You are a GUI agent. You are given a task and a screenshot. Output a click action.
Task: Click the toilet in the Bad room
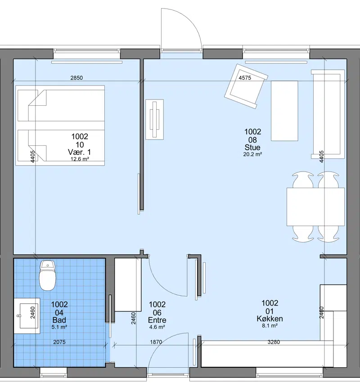click(47, 275)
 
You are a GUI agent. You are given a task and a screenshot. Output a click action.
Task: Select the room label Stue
click(252, 147)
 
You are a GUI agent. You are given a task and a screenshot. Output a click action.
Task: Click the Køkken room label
click(270, 319)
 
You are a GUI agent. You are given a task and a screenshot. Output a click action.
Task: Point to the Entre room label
click(157, 320)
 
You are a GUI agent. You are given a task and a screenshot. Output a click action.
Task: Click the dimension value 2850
click(76, 78)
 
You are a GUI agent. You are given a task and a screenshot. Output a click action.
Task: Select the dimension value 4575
click(245, 78)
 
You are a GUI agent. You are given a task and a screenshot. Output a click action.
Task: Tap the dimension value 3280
click(274, 342)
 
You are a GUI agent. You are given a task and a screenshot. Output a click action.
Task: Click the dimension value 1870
click(156, 342)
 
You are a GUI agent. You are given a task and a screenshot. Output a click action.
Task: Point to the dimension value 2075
click(59, 342)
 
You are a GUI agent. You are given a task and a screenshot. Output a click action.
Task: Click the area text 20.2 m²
click(252, 154)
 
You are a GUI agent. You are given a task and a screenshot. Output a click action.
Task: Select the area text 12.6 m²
click(80, 159)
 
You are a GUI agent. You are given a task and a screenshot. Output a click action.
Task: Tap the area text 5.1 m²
click(59, 327)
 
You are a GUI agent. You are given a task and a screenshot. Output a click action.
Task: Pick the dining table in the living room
click(315, 207)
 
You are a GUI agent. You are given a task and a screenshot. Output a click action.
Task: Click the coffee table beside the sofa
click(284, 111)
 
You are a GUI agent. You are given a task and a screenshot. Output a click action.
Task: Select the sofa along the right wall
click(328, 114)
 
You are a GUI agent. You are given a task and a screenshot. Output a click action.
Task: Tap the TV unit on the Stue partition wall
click(155, 119)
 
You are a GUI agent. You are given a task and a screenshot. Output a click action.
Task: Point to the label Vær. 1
click(79, 152)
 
